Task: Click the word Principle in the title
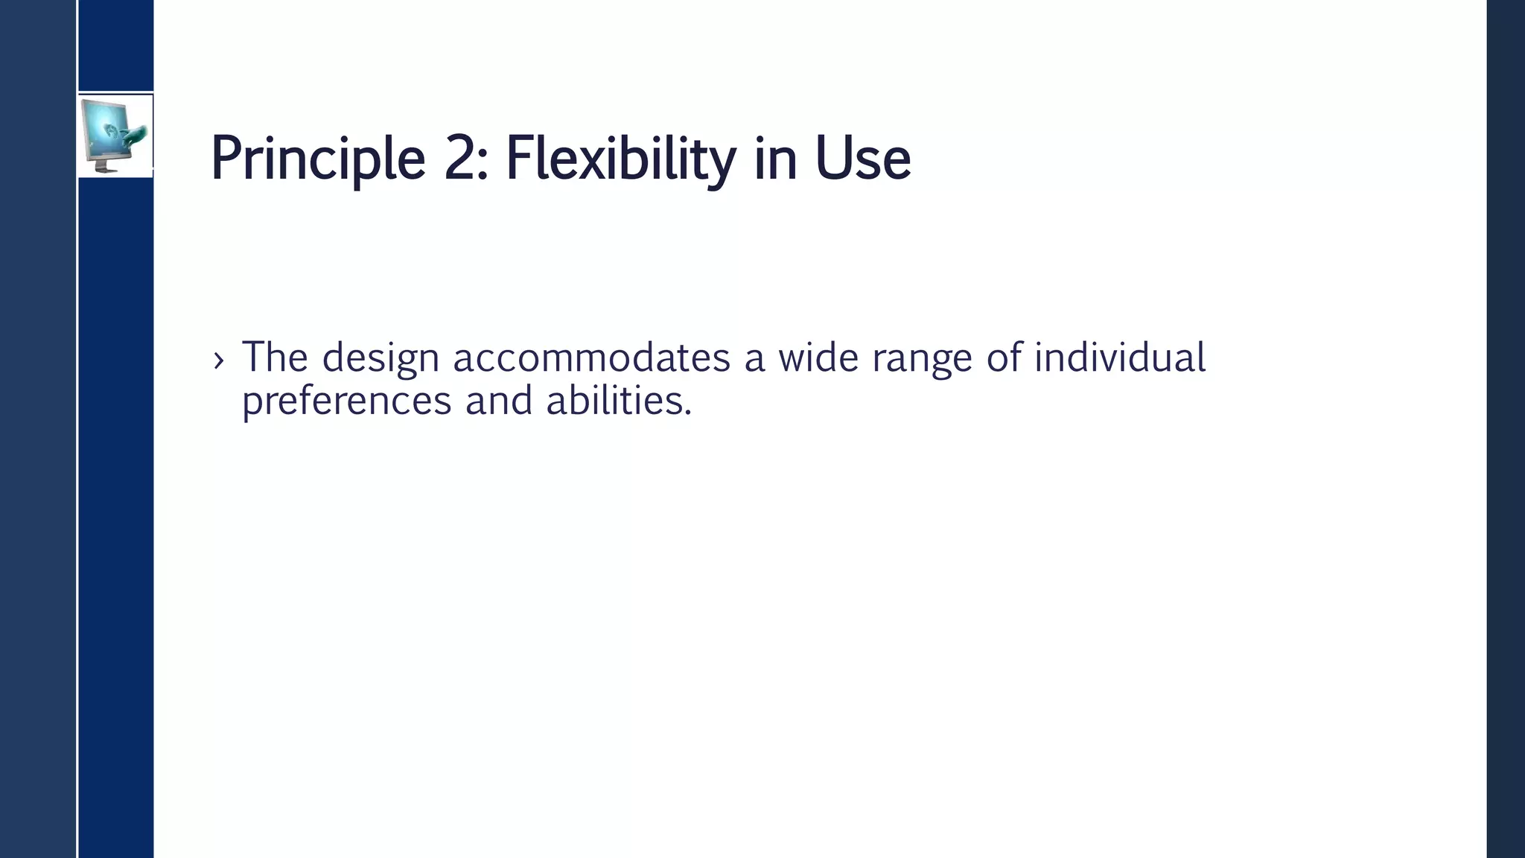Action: [x=318, y=159]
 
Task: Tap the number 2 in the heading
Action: [x=460, y=159]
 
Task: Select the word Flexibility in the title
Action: [x=620, y=159]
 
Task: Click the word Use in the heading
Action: [x=862, y=159]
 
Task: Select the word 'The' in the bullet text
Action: [x=275, y=357]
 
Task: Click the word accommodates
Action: [x=591, y=357]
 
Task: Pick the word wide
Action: [x=818, y=357]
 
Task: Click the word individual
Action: [x=1119, y=357]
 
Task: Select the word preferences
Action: [x=346, y=402]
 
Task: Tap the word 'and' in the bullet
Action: [x=499, y=401]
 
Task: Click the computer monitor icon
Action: [x=114, y=136]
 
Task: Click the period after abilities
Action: [x=688, y=413]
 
